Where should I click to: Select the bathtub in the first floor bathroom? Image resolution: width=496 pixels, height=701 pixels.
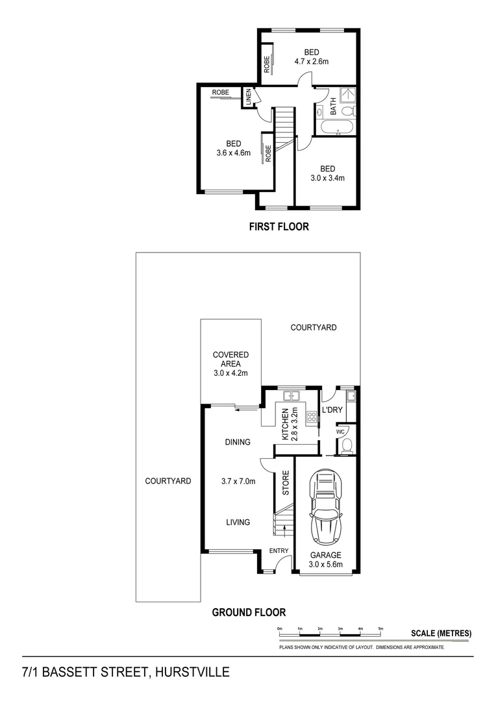click(x=336, y=127)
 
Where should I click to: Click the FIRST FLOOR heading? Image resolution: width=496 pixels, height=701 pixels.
click(x=279, y=227)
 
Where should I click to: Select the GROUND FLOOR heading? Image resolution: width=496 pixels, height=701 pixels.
click(x=249, y=611)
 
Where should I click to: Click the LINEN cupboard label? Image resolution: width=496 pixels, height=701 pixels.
click(x=248, y=97)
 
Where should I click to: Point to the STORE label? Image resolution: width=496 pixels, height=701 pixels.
click(x=285, y=483)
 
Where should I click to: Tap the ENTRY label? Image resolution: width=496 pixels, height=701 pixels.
click(x=279, y=551)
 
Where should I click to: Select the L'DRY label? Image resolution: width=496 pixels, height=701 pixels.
click(x=332, y=410)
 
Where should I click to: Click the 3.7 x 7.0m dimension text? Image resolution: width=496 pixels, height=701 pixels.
click(x=238, y=481)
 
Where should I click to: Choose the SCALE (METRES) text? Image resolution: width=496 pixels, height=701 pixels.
click(x=441, y=633)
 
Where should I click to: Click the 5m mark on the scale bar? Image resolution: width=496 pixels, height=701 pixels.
click(x=381, y=629)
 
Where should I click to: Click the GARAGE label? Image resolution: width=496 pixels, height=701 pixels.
click(x=325, y=555)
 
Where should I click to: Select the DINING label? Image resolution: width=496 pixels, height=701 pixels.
click(x=238, y=442)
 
